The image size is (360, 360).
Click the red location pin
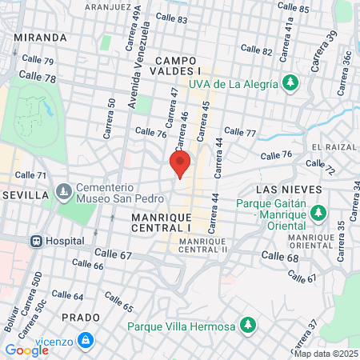click(180, 164)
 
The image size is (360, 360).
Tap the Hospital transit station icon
click(36, 240)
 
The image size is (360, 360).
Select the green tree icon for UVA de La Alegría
click(289, 82)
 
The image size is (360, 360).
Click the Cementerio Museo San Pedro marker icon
click(64, 192)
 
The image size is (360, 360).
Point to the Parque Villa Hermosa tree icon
click(248, 326)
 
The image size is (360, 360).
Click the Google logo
click(26, 350)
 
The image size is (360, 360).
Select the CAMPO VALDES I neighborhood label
click(178, 66)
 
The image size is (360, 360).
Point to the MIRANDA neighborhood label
click(40, 38)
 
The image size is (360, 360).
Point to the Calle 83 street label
click(172, 17)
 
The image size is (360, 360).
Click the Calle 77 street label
click(240, 132)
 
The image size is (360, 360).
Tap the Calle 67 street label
click(112, 254)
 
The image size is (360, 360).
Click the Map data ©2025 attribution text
click(326, 353)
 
